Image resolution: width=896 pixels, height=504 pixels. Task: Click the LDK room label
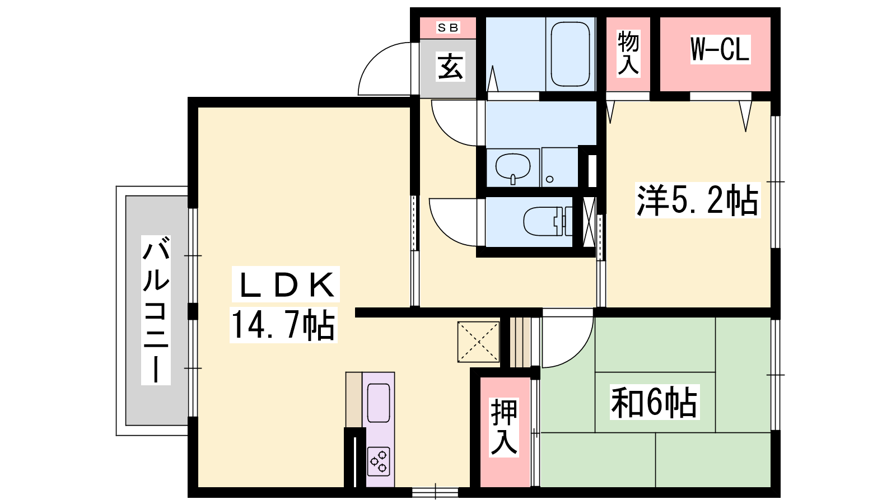(286, 284)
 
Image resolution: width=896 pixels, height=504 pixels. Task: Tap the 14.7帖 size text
(283, 325)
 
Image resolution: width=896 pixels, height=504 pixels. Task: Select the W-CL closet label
(720, 49)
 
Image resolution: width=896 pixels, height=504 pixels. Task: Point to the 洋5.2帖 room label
(698, 200)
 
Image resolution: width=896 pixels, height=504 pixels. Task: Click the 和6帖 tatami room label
(654, 402)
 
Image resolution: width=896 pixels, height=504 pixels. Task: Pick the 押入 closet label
(504, 427)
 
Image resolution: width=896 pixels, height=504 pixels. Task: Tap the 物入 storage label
(628, 53)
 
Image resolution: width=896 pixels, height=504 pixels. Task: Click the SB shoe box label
(448, 27)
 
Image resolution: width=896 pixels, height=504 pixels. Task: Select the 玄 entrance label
(450, 67)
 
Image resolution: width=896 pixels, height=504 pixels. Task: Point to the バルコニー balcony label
(156, 310)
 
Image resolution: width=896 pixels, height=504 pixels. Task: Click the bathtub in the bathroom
(570, 54)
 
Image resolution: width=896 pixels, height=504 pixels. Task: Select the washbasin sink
(513, 168)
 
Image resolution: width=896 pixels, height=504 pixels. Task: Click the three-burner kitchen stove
(379, 461)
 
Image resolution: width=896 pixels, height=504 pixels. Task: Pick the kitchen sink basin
(379, 403)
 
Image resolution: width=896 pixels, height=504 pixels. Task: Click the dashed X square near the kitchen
(478, 342)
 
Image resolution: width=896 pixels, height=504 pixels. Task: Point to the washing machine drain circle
(549, 179)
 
